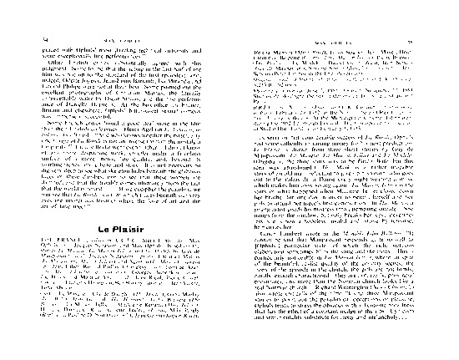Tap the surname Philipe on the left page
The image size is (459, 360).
[x=70, y=85]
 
